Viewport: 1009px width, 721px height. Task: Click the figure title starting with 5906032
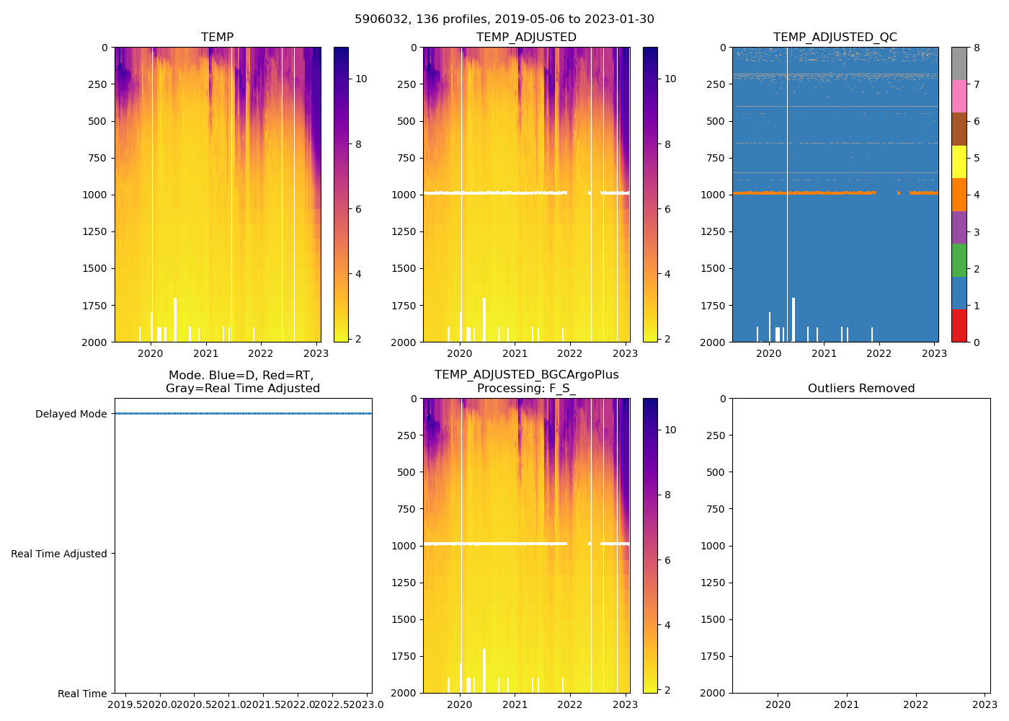tap(504, 19)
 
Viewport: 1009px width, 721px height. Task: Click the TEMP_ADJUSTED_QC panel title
tap(835, 37)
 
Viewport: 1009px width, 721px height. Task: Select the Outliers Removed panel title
tap(861, 388)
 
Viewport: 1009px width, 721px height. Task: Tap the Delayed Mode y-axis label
tap(71, 414)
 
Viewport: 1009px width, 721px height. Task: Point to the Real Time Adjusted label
tap(58, 554)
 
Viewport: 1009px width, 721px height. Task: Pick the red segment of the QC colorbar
tap(959, 325)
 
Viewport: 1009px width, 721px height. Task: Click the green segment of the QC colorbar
tap(959, 260)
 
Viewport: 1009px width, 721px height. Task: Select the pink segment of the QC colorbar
tap(959, 96)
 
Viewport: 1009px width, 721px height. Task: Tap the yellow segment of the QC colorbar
tap(959, 162)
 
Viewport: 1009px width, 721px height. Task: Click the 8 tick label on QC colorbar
tap(977, 48)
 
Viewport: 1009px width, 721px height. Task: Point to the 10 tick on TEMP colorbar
tap(361, 79)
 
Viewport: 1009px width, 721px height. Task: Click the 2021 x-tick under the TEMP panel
tap(205, 353)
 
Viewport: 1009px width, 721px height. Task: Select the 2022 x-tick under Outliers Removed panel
tap(916, 704)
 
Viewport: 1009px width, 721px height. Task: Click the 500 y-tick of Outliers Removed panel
tap(714, 472)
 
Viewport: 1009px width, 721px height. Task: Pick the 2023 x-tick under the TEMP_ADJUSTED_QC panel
tap(934, 353)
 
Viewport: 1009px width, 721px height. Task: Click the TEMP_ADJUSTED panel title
tap(526, 37)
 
